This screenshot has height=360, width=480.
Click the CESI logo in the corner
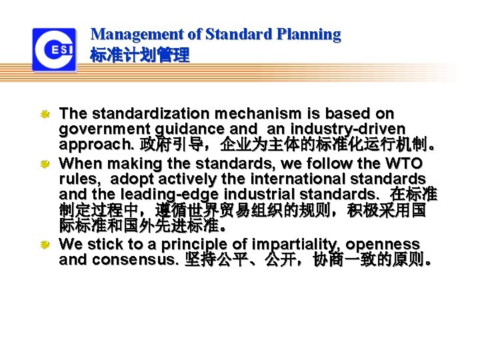click(54, 50)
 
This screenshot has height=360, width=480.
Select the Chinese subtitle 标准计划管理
click(139, 55)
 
